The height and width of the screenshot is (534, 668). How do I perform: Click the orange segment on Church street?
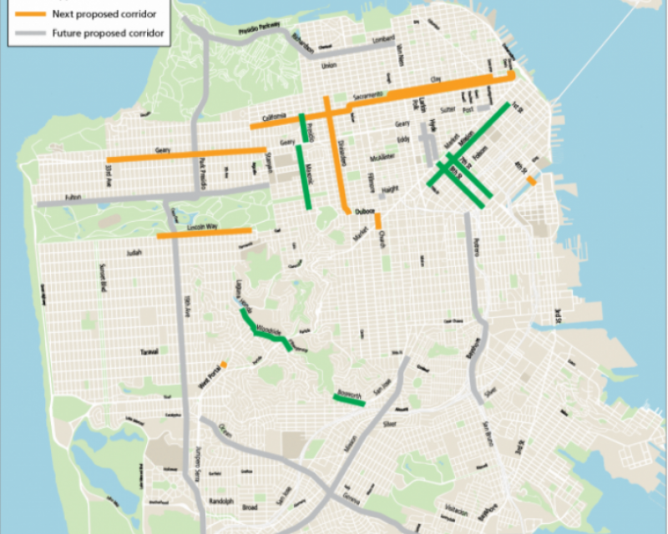pyautogui.click(x=378, y=221)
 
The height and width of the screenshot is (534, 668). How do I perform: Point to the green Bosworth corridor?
pyautogui.click(x=349, y=400)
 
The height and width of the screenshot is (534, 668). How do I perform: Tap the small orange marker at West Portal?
pyautogui.click(x=224, y=364)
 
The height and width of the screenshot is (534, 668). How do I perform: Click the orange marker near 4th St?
pyautogui.click(x=531, y=180)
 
